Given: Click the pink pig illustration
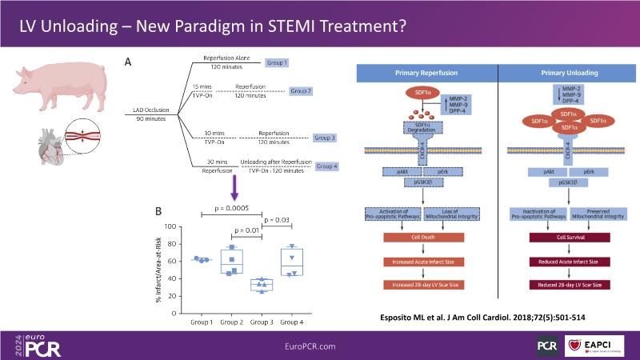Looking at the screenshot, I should coord(50,86).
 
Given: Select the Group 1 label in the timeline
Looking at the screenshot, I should coord(275,62).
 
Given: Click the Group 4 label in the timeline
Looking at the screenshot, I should coord(328,166).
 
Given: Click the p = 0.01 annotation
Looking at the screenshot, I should coord(246,230).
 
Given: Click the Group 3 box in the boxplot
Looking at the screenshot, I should coord(262,285).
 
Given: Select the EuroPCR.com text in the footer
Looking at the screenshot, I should coord(320,345).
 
